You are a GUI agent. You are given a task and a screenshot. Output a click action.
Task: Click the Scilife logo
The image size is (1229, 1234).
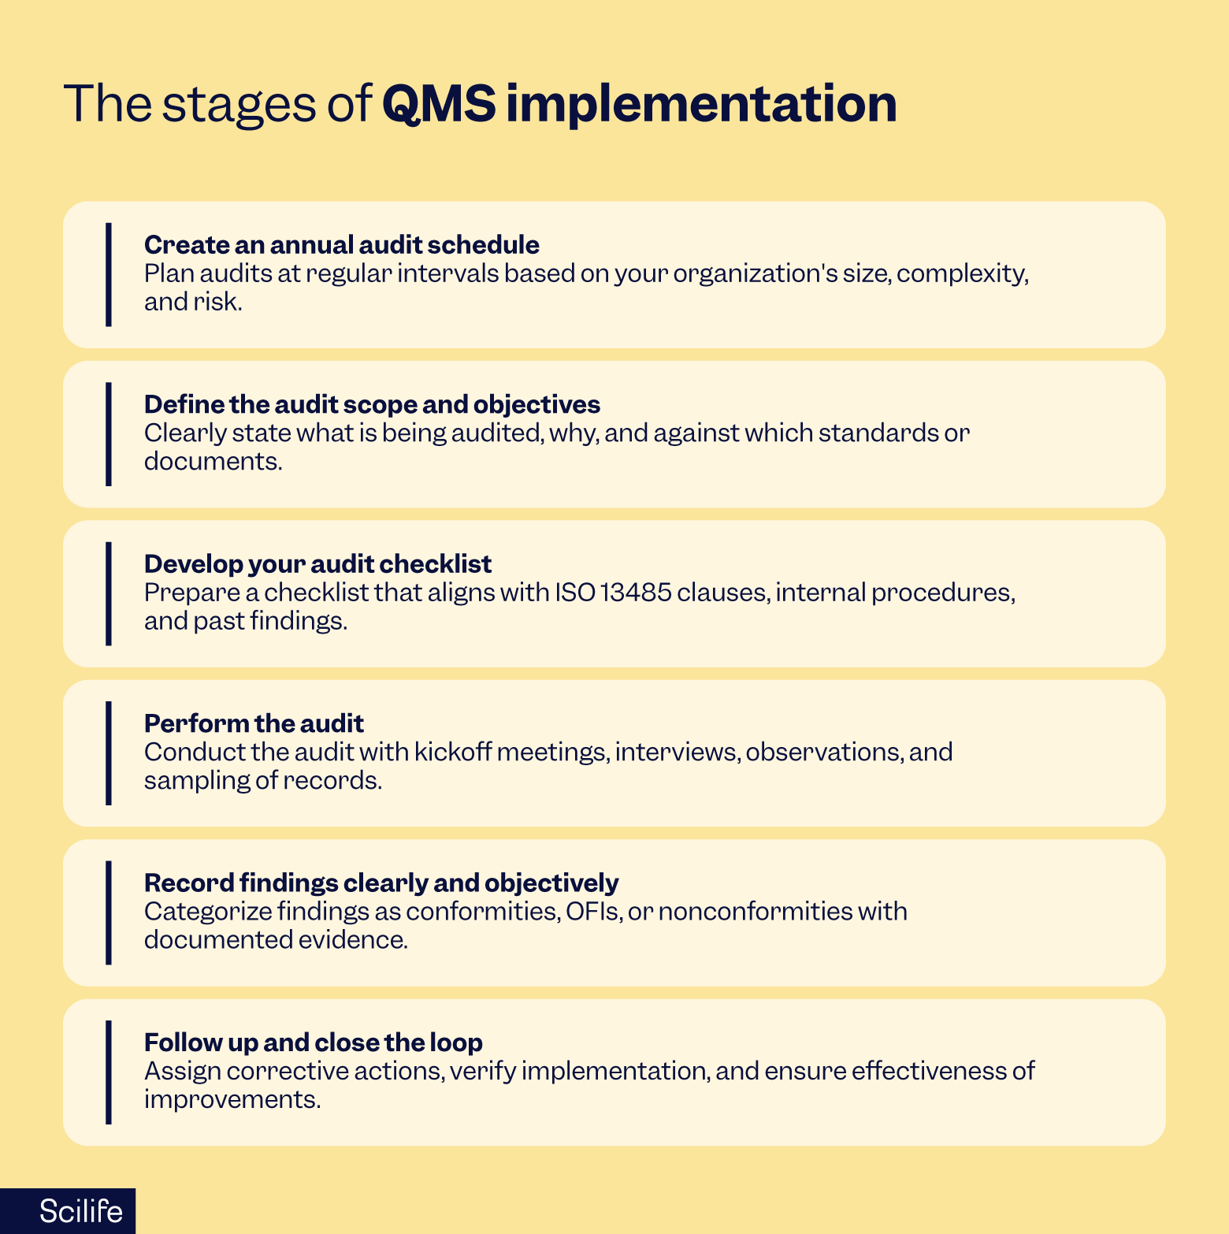80,1211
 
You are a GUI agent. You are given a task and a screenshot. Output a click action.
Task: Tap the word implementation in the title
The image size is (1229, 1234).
700,105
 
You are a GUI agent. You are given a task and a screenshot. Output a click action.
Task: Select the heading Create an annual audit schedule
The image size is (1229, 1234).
341,245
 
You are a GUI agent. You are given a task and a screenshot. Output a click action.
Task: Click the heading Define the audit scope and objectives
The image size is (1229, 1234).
372,404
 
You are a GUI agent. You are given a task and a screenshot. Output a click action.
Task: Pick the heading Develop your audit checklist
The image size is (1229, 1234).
317,564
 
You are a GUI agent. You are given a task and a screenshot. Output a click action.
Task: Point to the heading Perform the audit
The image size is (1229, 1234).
254,723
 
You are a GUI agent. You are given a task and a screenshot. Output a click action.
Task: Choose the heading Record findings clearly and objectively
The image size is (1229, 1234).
381,883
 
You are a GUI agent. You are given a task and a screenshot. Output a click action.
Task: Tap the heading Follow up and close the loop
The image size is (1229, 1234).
313,1043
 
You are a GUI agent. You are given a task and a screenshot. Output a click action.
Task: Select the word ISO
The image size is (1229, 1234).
575,593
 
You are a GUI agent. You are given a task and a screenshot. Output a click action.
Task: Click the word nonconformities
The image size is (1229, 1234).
755,912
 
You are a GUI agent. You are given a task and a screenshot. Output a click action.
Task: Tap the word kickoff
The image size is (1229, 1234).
452,753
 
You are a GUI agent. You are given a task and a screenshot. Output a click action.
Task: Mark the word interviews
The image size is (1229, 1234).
676,753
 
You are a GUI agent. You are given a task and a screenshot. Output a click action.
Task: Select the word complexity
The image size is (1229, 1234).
962,274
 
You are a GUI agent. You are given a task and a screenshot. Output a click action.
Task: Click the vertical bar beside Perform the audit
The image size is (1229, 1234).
109,753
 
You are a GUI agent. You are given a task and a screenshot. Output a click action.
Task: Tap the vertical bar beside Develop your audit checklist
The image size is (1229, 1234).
109,593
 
